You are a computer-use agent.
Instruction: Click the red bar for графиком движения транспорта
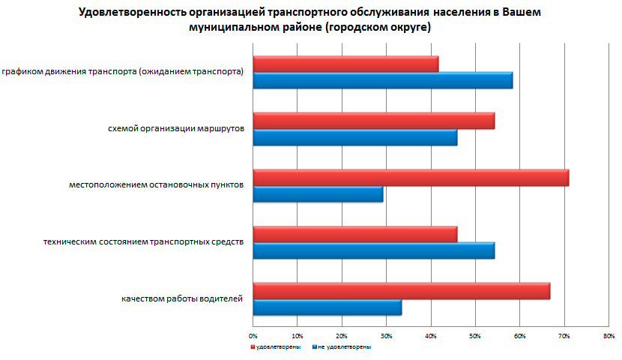pos(345,64)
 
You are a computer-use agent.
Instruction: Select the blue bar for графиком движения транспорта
pos(383,80)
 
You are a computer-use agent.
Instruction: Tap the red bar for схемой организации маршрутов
pos(374,121)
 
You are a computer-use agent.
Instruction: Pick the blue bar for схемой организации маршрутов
pos(355,137)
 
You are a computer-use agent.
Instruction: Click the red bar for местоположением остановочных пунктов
pos(411,177)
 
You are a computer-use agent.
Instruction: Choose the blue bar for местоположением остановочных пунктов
pos(318,194)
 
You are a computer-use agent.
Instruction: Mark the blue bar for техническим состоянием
pos(374,250)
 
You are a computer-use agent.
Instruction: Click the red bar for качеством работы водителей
pos(402,290)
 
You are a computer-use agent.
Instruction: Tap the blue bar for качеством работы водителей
pos(327,307)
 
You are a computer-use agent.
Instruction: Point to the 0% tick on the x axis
pos(253,334)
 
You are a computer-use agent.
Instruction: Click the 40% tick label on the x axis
pos(430,334)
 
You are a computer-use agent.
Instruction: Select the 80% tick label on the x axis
pos(608,334)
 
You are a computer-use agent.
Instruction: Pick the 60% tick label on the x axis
pos(519,334)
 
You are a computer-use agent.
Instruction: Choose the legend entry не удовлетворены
pos(342,347)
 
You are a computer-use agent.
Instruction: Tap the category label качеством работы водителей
pos(182,299)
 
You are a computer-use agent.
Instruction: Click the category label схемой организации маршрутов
pos(176,129)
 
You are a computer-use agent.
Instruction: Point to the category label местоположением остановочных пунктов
pos(156,185)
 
